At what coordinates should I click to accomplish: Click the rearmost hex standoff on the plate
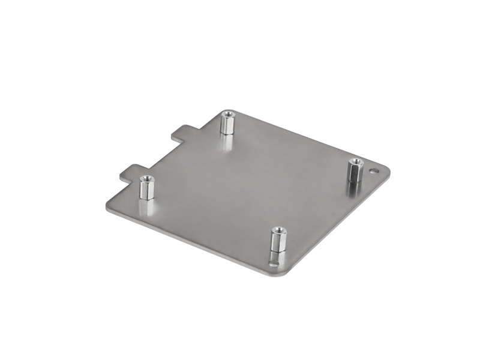tap(227, 123)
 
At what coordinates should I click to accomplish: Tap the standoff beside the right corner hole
tap(355, 171)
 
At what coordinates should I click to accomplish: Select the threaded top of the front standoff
tap(277, 230)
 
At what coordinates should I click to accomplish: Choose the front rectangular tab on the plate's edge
tap(133, 172)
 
